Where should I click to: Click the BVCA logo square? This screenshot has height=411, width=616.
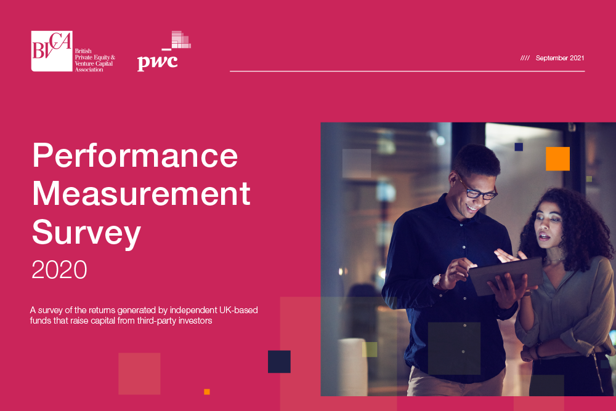(52, 51)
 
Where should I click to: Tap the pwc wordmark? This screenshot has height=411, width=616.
(158, 63)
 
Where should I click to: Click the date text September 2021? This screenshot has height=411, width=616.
(560, 58)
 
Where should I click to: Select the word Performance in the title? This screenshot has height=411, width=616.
(135, 156)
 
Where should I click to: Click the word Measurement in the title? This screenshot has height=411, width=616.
(142, 194)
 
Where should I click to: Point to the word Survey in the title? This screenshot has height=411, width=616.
(86, 233)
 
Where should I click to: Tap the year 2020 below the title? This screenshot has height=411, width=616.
(59, 269)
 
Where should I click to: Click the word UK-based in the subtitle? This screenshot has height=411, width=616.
(238, 310)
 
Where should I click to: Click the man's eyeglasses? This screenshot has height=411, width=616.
(477, 190)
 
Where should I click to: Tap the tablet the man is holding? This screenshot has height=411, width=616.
(506, 275)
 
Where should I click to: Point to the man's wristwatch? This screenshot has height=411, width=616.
(437, 281)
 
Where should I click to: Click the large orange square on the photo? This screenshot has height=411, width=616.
(557, 159)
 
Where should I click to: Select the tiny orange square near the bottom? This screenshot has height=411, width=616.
(206, 392)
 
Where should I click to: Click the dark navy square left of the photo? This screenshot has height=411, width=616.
(279, 362)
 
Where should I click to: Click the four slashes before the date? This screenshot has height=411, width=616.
(525, 58)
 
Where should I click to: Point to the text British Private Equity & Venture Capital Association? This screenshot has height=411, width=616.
(95, 60)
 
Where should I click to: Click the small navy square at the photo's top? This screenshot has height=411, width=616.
(519, 147)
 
